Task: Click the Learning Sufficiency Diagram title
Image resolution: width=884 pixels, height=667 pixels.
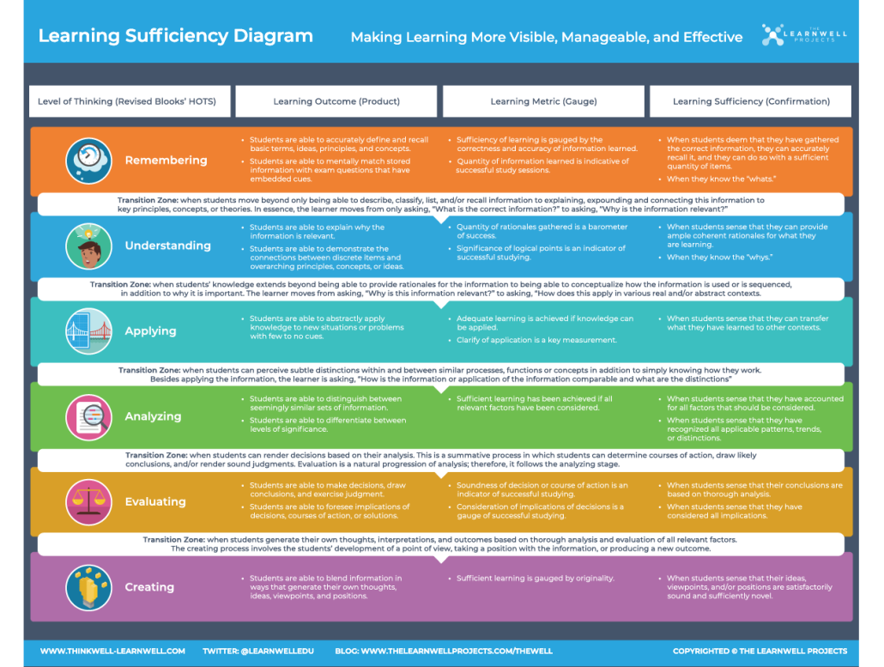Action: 176,36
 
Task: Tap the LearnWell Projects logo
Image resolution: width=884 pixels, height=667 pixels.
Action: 804,35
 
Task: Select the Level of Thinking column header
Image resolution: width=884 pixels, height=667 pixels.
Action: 127,101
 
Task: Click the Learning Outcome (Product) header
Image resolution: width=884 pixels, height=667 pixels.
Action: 336,101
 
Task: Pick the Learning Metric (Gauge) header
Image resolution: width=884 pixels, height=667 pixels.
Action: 543,101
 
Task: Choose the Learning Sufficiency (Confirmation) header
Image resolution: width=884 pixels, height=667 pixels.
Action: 751,101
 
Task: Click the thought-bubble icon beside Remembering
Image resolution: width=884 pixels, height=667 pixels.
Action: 88,161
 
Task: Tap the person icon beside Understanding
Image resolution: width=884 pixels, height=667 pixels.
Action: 88,246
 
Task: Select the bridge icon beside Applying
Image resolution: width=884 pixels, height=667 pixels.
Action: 88,331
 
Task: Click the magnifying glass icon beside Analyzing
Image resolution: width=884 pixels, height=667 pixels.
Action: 88,416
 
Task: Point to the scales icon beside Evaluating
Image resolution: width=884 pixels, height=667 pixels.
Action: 88,502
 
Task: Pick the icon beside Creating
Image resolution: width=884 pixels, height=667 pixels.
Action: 88,587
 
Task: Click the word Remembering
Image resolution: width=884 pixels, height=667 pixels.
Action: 166,161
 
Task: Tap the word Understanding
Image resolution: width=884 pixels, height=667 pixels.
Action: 167,246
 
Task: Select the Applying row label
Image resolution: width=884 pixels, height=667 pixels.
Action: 150,331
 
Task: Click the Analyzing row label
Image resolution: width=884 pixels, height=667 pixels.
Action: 153,416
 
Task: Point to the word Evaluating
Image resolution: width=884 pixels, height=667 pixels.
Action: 155,502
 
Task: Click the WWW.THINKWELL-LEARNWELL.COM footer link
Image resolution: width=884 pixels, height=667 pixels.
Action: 112,651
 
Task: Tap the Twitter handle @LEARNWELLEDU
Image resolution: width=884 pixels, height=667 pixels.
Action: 258,651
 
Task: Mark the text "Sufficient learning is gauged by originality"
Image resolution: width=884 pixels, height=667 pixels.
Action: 536,579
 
